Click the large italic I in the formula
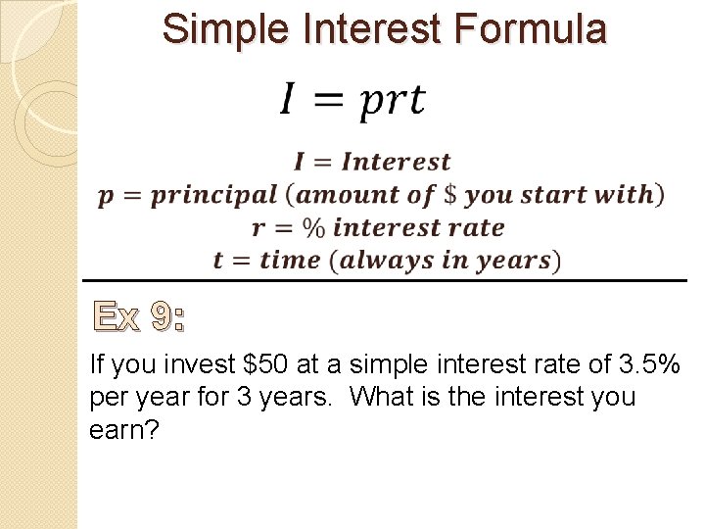click(288, 99)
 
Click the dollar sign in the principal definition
click(450, 194)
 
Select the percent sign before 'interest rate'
click(313, 227)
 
